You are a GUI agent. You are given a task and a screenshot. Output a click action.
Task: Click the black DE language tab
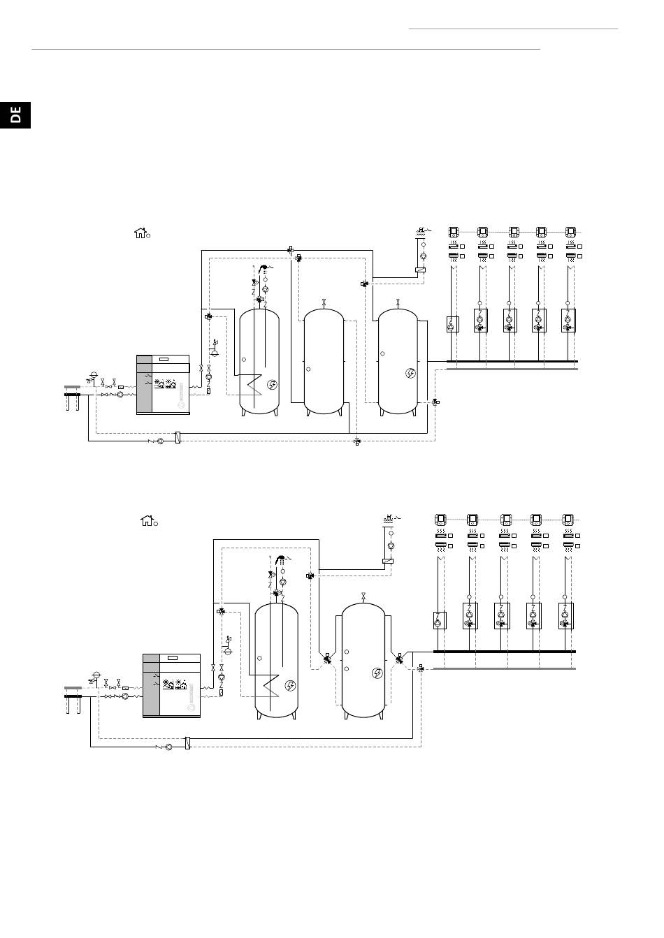point(15,115)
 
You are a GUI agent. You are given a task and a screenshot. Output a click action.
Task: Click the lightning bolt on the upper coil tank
point(273,384)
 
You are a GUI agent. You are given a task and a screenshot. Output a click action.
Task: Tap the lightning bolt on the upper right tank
point(411,373)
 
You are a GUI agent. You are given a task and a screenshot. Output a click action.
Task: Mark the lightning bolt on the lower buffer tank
point(377,673)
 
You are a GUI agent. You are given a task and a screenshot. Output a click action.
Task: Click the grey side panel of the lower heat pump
point(151,684)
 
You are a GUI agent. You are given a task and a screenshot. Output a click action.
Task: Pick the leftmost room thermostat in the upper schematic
point(454,232)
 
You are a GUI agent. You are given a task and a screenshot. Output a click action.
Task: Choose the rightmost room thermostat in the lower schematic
point(568,520)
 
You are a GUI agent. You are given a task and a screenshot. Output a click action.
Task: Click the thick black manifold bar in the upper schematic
point(512,361)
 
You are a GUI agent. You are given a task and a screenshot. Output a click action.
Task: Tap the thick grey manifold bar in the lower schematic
point(504,668)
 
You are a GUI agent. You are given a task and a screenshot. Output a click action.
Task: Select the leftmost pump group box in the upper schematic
point(452,324)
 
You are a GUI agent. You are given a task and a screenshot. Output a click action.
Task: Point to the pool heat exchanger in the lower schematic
point(388,562)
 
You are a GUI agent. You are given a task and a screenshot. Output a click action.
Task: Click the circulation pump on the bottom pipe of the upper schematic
point(160,441)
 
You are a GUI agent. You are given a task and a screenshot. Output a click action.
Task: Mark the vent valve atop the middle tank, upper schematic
point(324,302)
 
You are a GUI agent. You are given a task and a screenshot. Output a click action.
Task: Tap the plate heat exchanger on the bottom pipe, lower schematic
point(188,743)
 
